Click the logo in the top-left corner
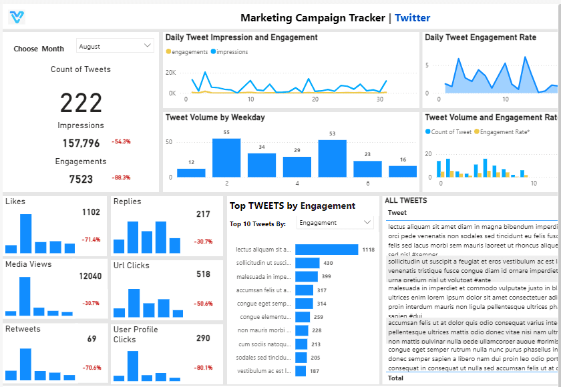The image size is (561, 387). tap(17, 17)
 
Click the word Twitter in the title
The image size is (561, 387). tap(412, 18)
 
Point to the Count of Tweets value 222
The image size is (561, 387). tap(81, 103)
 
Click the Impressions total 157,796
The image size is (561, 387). tap(81, 143)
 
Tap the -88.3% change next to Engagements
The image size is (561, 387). tap(121, 177)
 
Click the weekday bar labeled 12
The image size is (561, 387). tap(191, 172)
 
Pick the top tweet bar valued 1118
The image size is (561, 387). tap(327, 250)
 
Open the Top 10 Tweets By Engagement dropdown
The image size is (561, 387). tap(335, 223)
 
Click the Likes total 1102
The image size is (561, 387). tap(91, 212)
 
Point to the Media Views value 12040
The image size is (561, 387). tap(90, 276)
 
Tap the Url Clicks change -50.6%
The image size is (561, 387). tap(203, 304)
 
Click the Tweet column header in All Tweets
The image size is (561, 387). tap(397, 213)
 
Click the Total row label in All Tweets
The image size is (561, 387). tap(395, 378)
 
